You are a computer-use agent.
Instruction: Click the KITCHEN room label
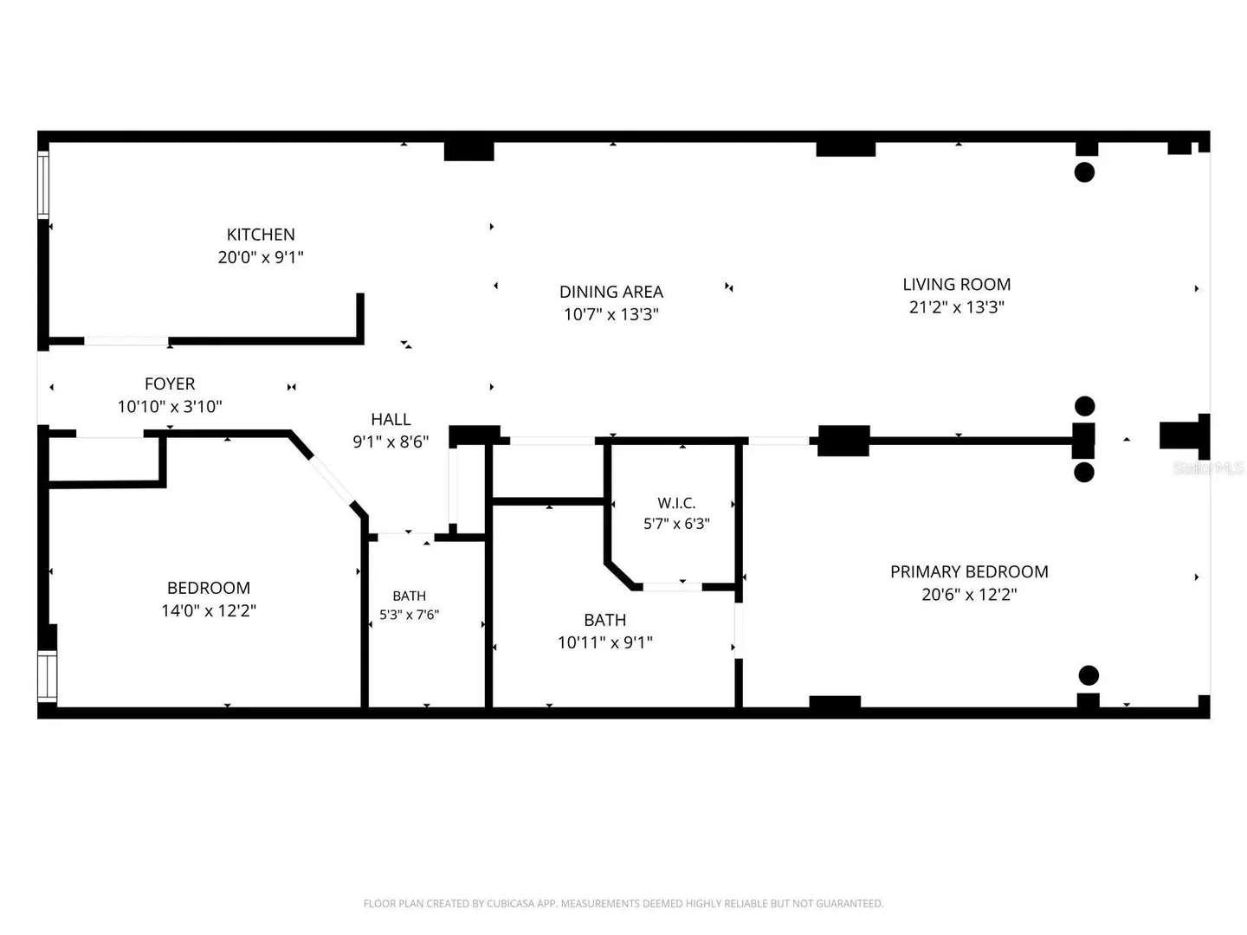[x=260, y=234]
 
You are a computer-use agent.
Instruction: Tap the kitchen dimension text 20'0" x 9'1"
[x=260, y=257]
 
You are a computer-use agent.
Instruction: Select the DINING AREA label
[x=611, y=291]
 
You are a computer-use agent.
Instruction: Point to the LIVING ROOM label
[x=956, y=284]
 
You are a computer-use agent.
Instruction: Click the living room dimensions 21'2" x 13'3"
[x=956, y=307]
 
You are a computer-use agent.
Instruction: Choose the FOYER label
[x=169, y=384]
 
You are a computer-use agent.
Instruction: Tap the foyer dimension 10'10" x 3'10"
[x=169, y=407]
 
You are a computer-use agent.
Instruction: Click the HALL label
[x=391, y=419]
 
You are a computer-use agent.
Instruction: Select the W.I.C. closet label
[x=676, y=502]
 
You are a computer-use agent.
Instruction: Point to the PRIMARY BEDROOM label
[x=969, y=571]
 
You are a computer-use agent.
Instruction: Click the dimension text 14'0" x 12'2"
[x=209, y=610]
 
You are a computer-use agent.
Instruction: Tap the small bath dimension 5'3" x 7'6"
[x=409, y=615]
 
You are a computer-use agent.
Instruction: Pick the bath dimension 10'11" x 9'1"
[x=605, y=642]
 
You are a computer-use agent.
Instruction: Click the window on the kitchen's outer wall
[x=43, y=184]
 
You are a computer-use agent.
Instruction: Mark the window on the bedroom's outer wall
[x=47, y=677]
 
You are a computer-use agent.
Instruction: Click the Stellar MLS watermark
[x=1208, y=467]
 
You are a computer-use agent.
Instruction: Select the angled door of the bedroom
[x=331, y=480]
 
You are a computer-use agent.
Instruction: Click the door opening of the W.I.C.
[x=672, y=586]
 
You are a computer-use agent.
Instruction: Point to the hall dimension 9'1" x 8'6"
[x=391, y=442]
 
